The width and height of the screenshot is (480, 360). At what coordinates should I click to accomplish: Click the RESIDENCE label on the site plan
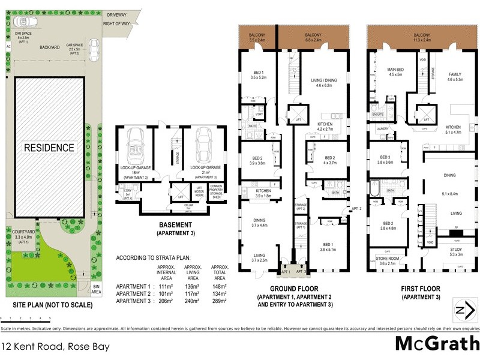pyautogui.click(x=49, y=148)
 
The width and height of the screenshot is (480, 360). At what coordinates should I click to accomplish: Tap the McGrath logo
pyautogui.click(x=436, y=344)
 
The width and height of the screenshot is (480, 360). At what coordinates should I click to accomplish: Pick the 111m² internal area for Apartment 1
pyautogui.click(x=166, y=286)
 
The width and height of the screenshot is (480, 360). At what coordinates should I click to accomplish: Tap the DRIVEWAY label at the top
pyautogui.click(x=118, y=14)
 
